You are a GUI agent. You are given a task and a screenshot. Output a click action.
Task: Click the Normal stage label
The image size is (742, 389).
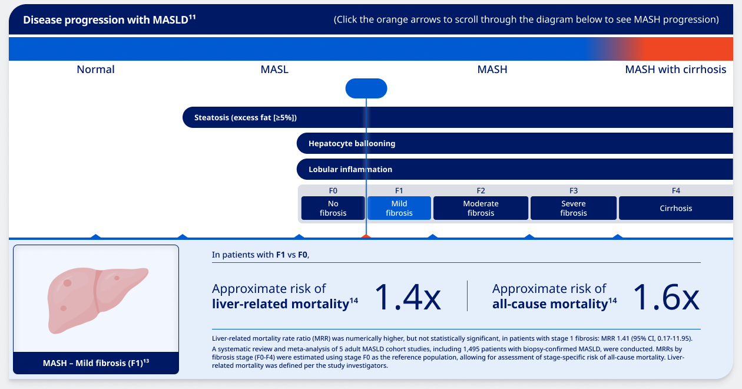(95, 70)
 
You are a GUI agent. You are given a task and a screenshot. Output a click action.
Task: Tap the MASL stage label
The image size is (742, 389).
(274, 70)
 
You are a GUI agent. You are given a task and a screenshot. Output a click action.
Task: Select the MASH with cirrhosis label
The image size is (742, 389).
(675, 70)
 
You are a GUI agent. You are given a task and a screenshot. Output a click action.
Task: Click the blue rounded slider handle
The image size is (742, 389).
(366, 88)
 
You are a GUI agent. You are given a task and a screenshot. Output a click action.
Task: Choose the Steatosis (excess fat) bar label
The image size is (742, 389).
(245, 117)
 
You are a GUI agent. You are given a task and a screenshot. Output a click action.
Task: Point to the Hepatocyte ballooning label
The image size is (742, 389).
(352, 143)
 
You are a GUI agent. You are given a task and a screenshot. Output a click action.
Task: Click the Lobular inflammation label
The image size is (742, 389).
(350, 169)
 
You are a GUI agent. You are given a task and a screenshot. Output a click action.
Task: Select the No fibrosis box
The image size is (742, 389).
(333, 208)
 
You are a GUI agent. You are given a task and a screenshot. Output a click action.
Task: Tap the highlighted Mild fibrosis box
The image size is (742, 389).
(399, 208)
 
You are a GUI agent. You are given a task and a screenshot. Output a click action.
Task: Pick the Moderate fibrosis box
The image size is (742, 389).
(481, 208)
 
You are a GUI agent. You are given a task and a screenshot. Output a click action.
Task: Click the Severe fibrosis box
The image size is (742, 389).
(574, 208)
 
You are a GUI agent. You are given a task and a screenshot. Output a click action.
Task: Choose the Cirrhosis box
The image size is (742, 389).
(675, 208)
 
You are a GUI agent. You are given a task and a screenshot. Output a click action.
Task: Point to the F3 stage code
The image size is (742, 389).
(574, 190)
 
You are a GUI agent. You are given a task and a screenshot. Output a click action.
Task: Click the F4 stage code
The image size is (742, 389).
(676, 190)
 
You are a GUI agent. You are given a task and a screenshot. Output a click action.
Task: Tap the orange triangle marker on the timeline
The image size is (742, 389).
(366, 236)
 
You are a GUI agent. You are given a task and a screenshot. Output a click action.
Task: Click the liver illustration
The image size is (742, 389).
(96, 298)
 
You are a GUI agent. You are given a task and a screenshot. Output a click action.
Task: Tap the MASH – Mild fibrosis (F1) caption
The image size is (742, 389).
(96, 363)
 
